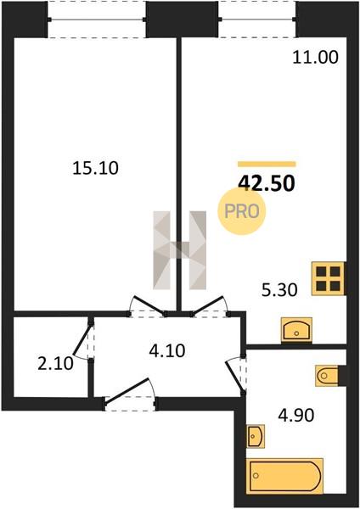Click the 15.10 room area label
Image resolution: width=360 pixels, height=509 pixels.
(95, 168)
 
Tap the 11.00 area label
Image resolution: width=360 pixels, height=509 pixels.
(316, 58)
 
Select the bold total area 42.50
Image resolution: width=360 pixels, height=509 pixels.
(267, 183)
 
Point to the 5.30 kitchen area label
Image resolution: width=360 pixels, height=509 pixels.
(279, 289)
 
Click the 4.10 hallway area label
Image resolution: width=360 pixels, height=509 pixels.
(167, 350)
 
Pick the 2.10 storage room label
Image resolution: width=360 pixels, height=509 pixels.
(55, 364)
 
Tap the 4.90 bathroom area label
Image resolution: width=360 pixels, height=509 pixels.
(295, 415)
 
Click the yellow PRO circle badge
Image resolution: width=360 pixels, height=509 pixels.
(242, 211)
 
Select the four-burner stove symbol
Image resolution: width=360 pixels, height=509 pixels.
(328, 278)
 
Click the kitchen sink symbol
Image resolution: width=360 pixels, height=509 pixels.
(296, 330)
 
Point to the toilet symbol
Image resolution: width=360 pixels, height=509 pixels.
(327, 376)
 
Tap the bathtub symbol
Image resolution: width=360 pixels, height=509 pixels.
(284, 476)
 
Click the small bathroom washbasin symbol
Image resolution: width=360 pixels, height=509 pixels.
(256, 436)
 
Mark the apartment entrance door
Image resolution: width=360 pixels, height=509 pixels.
(130, 394)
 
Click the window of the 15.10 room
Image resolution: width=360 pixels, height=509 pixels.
(97, 20)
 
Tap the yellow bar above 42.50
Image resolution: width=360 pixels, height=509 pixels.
(267, 165)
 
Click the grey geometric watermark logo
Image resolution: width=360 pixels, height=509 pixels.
(180, 250)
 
